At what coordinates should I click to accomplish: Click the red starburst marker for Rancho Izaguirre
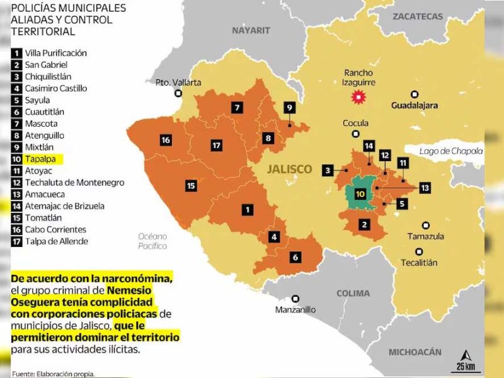pos(358,97)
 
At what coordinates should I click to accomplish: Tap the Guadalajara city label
pos(414,105)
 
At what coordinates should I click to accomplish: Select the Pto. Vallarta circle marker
pos(179,93)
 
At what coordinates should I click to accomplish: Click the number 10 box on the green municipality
pos(360,194)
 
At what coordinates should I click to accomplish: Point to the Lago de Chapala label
pos(452,151)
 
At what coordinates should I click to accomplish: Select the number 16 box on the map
pos(166,140)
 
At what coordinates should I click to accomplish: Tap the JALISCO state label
pos(289,169)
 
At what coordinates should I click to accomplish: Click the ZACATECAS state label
pos(418,17)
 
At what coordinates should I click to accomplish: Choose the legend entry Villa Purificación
pos(55,53)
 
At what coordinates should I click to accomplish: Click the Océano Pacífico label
pos(152,241)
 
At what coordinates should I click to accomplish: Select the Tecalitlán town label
pos(419,262)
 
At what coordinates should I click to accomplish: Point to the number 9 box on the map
pos(289,108)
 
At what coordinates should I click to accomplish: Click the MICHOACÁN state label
pos(415,352)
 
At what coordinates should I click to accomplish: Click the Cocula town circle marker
pos(357,134)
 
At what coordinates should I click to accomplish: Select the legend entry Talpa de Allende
pos(56,241)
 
